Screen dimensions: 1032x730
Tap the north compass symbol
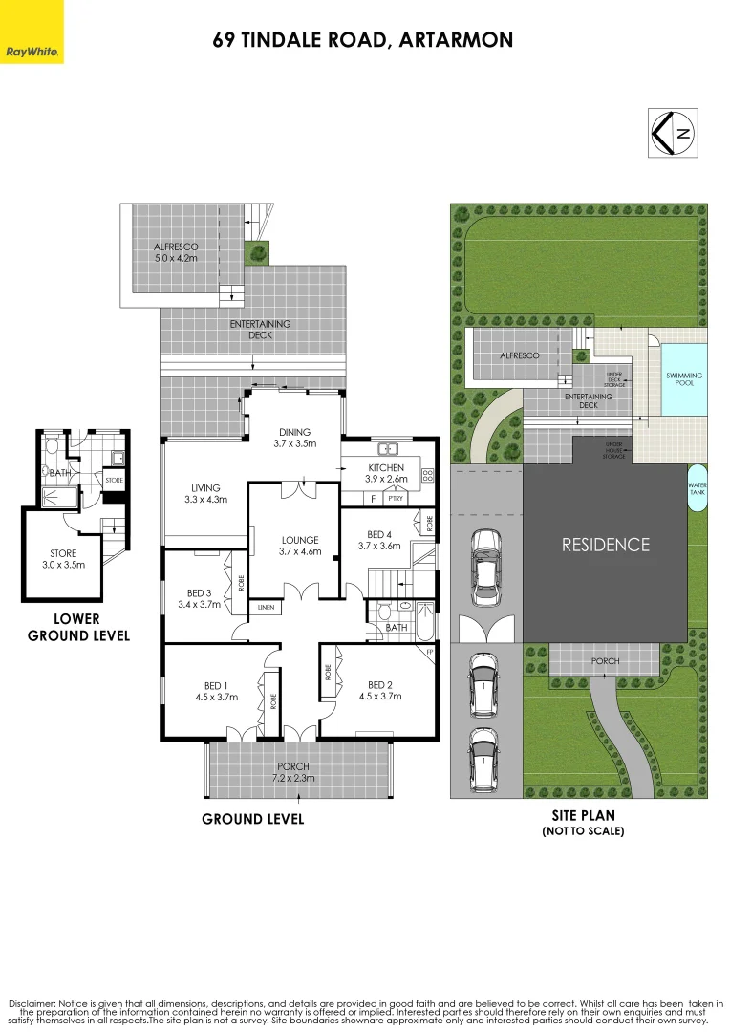pos(673,135)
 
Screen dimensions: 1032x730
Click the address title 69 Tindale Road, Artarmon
pos(363,40)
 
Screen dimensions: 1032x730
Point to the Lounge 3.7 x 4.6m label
pos(298,546)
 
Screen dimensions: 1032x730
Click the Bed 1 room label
pos(216,691)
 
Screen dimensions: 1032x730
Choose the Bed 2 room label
pos(379,691)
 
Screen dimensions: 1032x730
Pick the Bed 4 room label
pos(379,540)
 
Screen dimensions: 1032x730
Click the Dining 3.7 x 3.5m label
pos(294,438)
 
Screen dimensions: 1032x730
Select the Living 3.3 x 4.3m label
pos(205,493)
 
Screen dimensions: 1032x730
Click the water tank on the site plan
pos(698,489)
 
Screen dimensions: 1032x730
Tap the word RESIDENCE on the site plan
pos(605,545)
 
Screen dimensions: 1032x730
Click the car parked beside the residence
pos(485,561)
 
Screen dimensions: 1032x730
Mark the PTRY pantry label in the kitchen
pos(394,499)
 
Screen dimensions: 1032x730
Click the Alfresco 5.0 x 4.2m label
pos(176,252)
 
